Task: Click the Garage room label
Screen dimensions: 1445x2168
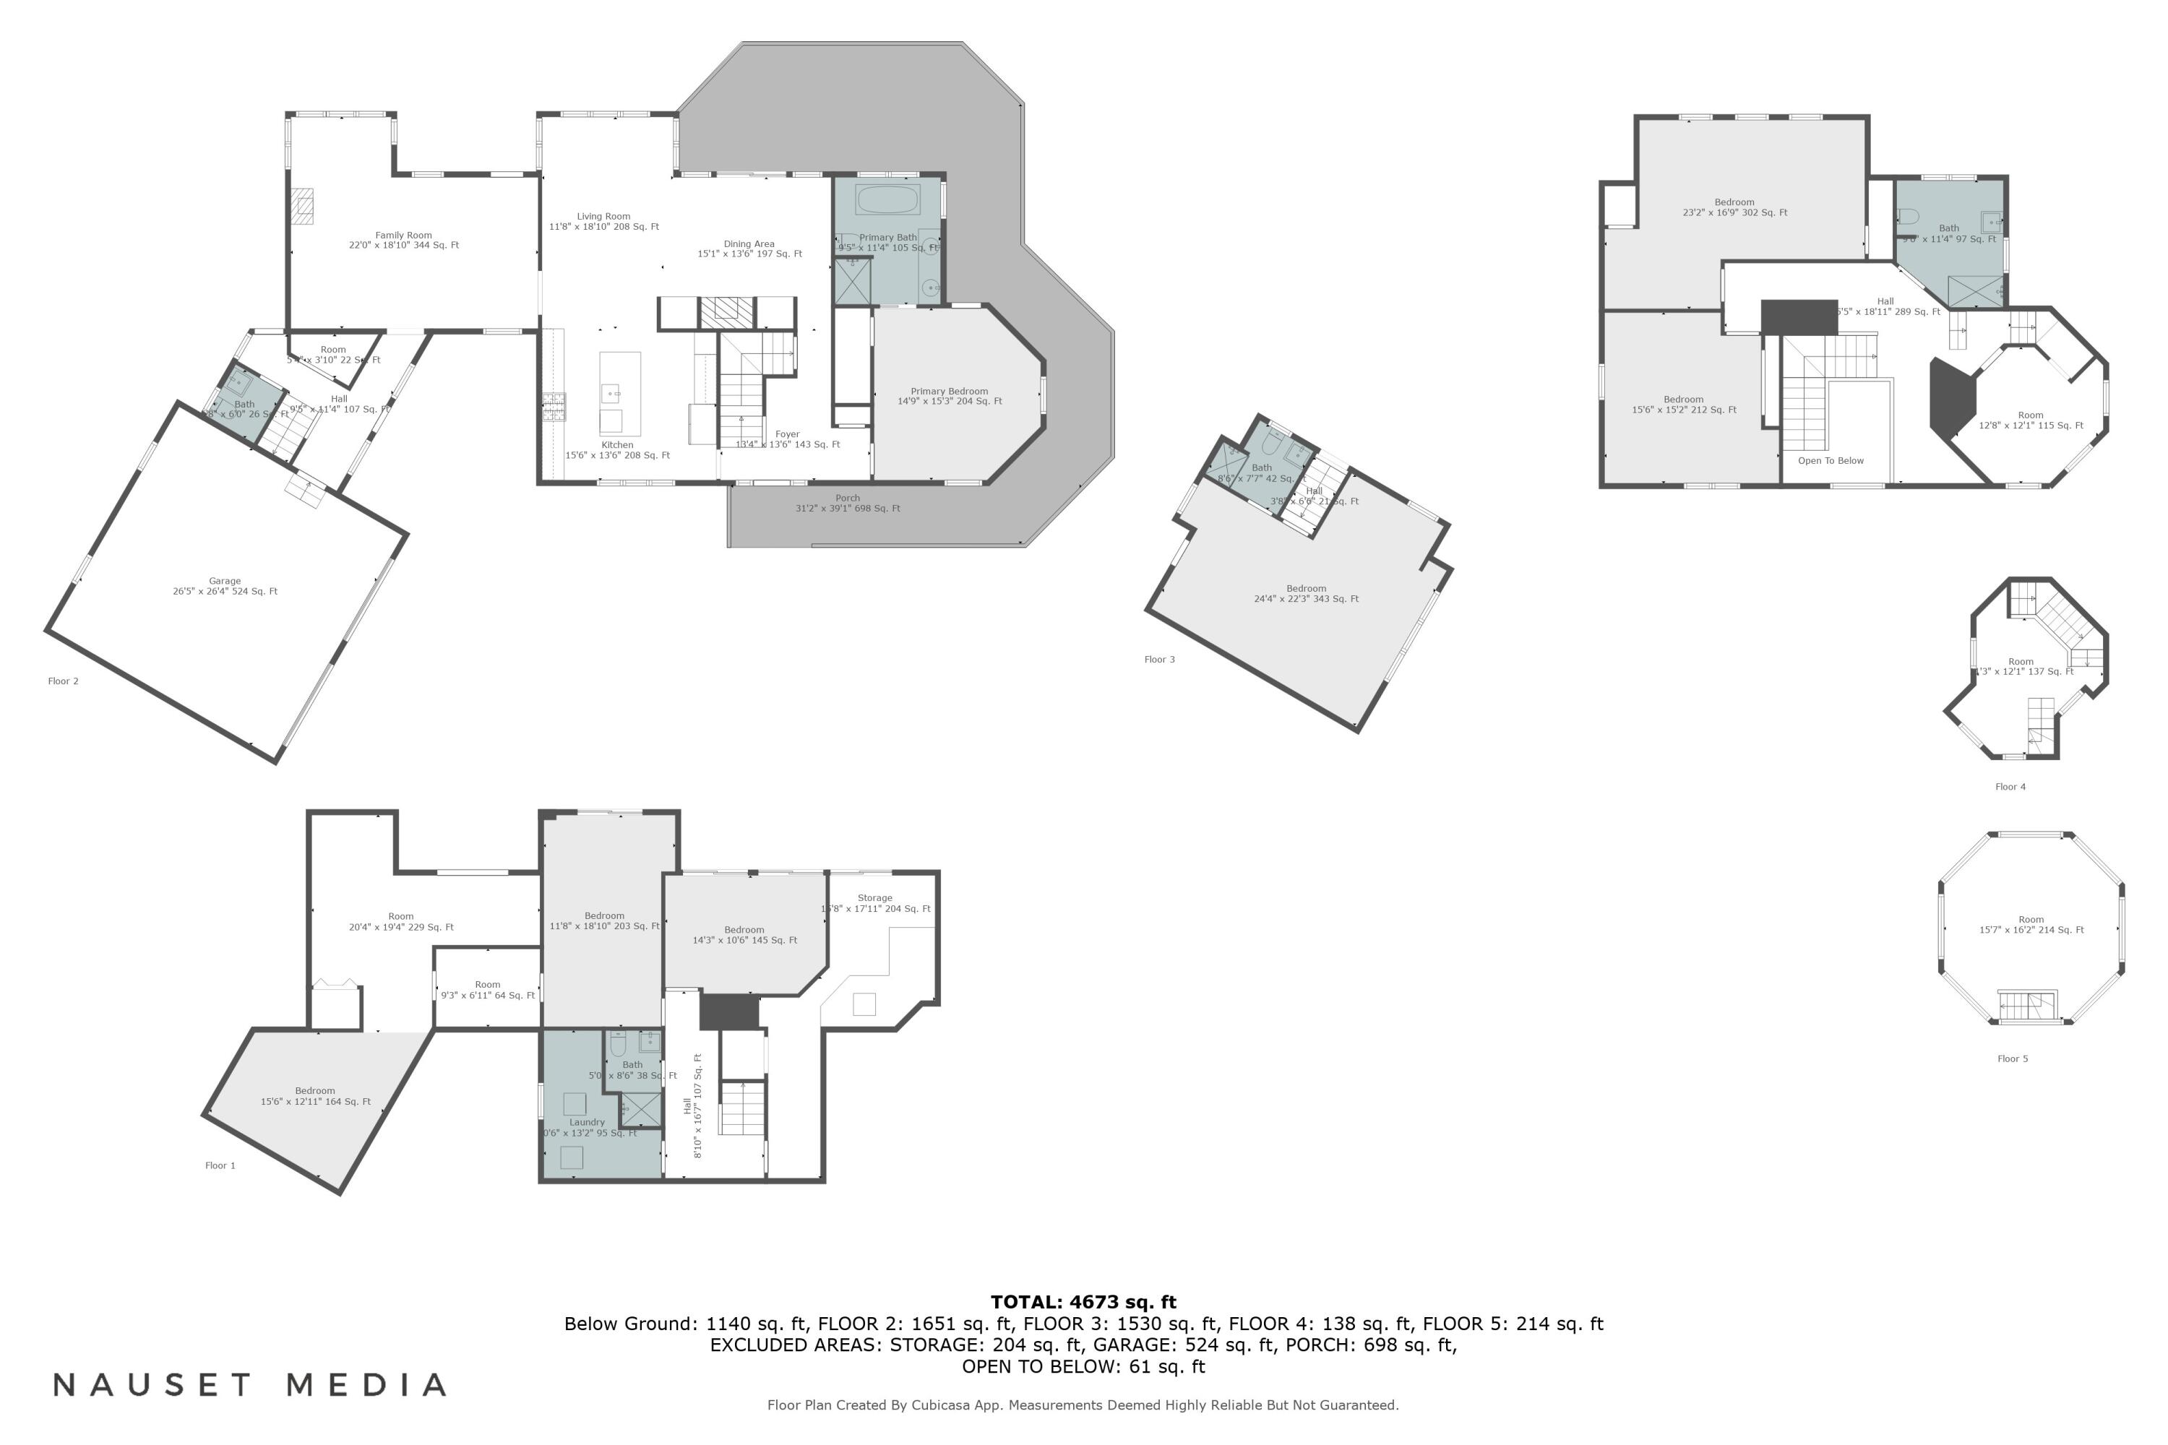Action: tap(225, 587)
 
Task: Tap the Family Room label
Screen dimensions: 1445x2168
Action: tap(404, 241)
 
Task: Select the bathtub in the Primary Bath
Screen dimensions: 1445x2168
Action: tap(887, 200)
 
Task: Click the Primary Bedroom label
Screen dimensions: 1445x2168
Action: tap(950, 396)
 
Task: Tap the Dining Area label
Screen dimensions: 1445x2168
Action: tap(749, 249)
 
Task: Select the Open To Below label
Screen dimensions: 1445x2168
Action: tap(1831, 461)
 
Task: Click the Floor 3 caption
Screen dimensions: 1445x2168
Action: tap(1160, 660)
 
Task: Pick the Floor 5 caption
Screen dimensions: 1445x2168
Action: tap(2012, 1059)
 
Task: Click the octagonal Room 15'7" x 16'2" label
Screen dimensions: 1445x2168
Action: tap(2031, 924)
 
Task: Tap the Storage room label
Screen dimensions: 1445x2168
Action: tap(874, 903)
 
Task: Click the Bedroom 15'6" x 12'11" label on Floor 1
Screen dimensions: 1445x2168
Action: tap(315, 1096)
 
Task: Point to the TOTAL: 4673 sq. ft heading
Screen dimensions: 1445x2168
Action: tap(1083, 1302)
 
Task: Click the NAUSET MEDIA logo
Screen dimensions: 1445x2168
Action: tap(250, 1385)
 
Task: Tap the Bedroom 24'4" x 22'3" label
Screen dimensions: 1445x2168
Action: tap(1306, 593)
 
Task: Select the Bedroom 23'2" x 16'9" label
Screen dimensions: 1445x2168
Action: tap(1735, 207)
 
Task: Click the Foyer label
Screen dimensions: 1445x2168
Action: tap(787, 439)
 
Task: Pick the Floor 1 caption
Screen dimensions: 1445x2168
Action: tap(220, 1166)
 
